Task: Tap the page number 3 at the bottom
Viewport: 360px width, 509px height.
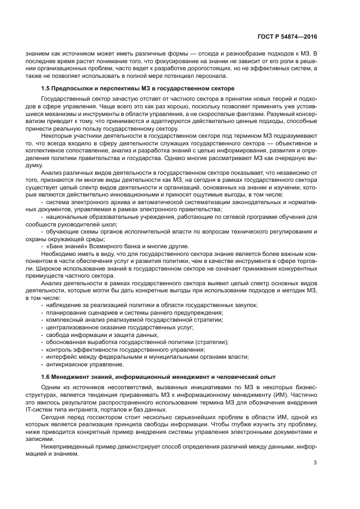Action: [x=315, y=464]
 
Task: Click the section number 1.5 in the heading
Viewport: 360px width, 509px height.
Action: [x=46, y=88]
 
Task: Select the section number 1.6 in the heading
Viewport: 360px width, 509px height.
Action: [x=46, y=377]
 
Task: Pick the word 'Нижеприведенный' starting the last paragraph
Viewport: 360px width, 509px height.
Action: [x=67, y=446]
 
